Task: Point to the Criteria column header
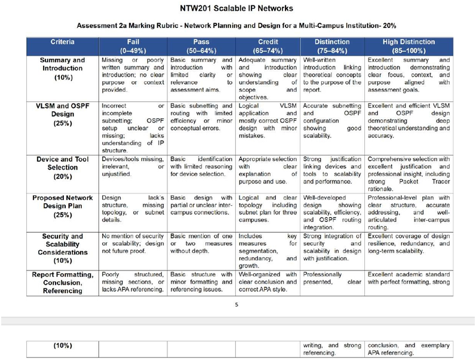point(62,42)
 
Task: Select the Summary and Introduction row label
point(62,69)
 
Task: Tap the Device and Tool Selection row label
point(62,168)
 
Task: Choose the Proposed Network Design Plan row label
point(62,206)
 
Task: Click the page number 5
point(237,304)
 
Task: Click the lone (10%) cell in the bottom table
point(62,345)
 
